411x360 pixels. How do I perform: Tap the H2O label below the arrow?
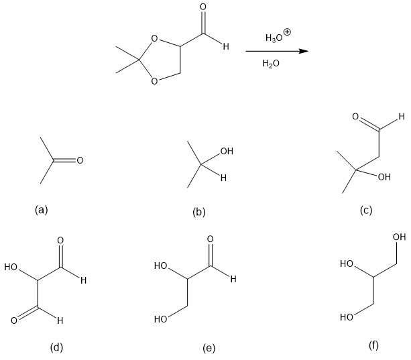pyautogui.click(x=272, y=64)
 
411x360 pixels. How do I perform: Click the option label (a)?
pyautogui.click(x=42, y=210)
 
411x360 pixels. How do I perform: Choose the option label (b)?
pyautogui.click(x=198, y=213)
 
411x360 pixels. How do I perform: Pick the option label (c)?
pyautogui.click(x=365, y=211)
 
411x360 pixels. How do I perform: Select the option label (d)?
pyautogui.click(x=56, y=347)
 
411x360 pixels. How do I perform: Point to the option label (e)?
pyautogui.click(x=209, y=348)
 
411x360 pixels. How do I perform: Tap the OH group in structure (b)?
pyautogui.click(x=226, y=152)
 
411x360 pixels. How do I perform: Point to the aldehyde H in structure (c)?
pyautogui.click(x=400, y=116)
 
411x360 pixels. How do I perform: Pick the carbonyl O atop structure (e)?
pyautogui.click(x=211, y=239)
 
